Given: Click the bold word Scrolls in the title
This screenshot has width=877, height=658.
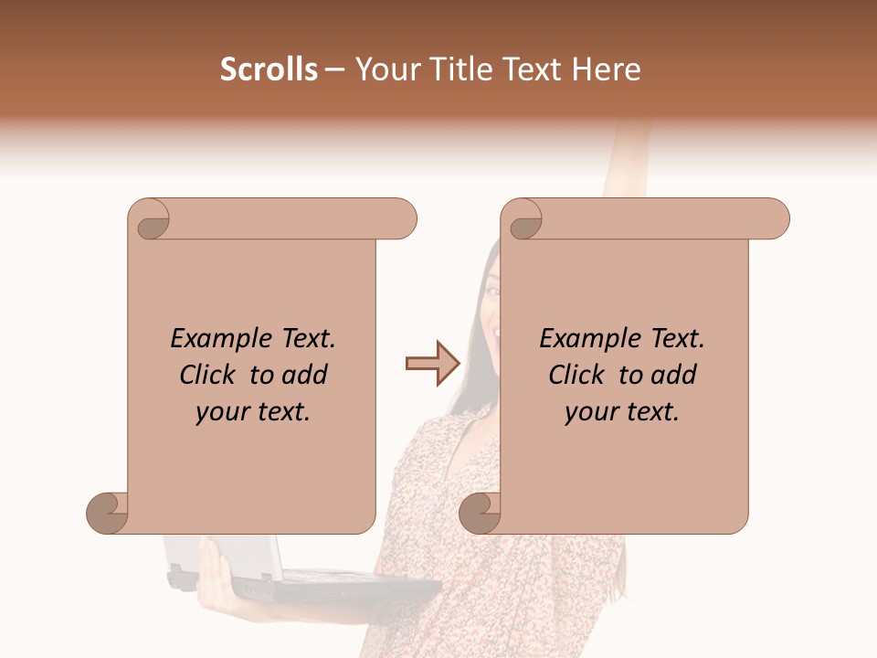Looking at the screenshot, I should click(269, 69).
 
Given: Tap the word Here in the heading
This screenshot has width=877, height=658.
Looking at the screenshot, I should click(606, 69).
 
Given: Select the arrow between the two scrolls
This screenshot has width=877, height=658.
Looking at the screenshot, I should click(431, 364).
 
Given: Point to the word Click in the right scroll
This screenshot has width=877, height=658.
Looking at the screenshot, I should click(576, 375).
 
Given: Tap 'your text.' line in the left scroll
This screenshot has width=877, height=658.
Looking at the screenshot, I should click(253, 412).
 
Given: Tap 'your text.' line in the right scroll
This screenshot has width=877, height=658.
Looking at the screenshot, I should click(622, 412).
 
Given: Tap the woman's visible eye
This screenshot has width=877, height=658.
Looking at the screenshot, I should click(493, 292).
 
